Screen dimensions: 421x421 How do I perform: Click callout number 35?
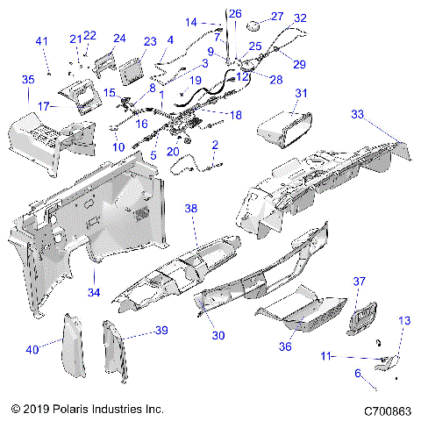(28, 80)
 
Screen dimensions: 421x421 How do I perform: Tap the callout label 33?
(358, 114)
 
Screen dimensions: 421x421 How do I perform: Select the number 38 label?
(191, 209)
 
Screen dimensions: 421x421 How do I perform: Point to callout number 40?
(32, 350)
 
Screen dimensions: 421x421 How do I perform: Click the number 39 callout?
(161, 331)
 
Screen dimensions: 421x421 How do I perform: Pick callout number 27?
(277, 17)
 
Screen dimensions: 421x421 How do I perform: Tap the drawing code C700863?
(388, 411)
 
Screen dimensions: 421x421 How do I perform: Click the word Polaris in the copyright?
(71, 409)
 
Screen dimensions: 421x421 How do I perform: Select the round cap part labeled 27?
(253, 25)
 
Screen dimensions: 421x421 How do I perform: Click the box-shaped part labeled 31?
(285, 129)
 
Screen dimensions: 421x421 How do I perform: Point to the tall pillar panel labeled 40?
(74, 346)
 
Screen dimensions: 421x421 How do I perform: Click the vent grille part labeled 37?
(361, 318)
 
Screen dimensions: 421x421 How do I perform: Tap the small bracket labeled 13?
(386, 363)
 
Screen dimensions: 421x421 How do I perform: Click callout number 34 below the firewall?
(94, 292)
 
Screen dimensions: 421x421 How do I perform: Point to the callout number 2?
(215, 145)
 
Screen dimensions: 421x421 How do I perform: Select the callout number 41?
(41, 41)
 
